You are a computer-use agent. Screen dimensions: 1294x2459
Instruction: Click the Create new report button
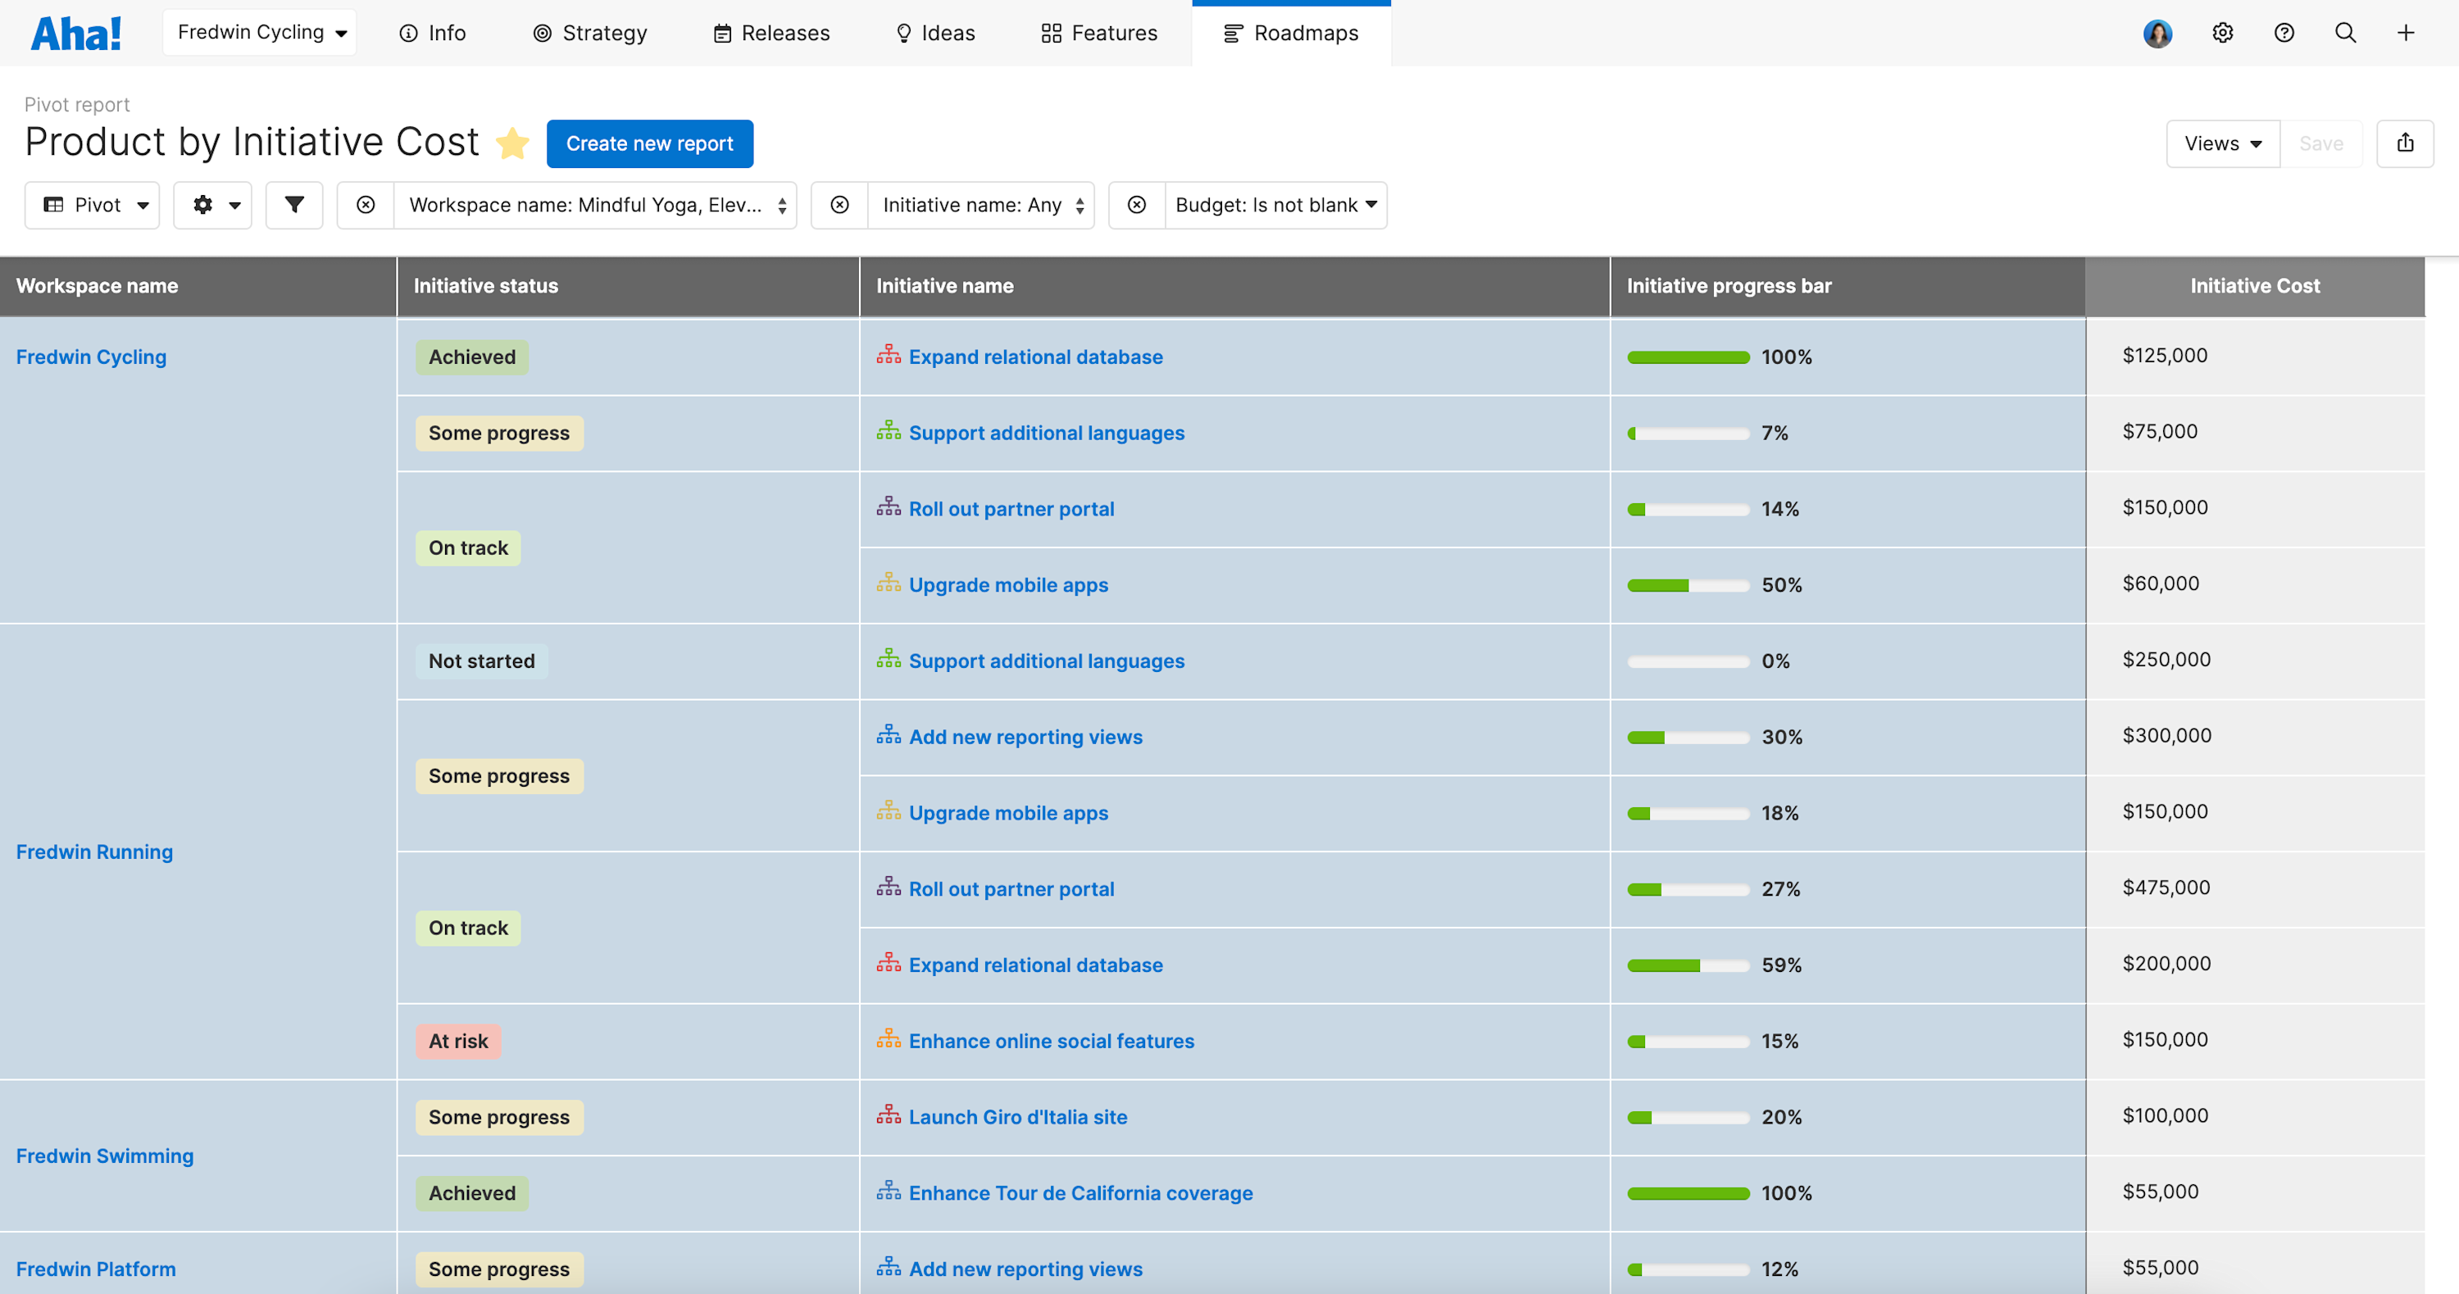tap(649, 143)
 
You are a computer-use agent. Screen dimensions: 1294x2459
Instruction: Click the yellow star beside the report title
tap(512, 143)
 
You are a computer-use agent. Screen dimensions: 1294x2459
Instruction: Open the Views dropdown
tap(2222, 143)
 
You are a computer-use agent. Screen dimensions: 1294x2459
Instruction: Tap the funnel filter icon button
tap(294, 205)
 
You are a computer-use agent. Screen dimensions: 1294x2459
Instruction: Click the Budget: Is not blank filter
tap(1275, 205)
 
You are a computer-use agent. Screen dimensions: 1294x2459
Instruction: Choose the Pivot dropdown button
tap(93, 205)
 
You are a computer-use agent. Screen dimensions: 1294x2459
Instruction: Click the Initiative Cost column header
tap(2254, 285)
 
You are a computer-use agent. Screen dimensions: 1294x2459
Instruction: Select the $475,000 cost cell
tap(2166, 888)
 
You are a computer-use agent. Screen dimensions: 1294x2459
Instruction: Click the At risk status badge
tap(457, 1041)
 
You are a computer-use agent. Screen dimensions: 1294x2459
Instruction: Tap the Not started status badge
tap(481, 661)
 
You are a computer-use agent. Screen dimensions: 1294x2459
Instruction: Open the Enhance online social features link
tap(1051, 1041)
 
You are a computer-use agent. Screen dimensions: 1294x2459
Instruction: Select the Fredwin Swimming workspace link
tap(105, 1156)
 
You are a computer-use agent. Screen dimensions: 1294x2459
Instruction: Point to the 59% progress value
tap(1781, 965)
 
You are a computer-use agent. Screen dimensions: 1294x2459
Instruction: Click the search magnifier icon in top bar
tap(2344, 34)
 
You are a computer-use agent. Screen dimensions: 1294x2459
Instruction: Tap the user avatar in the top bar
tap(2157, 34)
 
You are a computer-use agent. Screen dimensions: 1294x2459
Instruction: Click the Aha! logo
tap(76, 34)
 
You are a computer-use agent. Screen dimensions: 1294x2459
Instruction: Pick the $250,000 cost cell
tap(2166, 660)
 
